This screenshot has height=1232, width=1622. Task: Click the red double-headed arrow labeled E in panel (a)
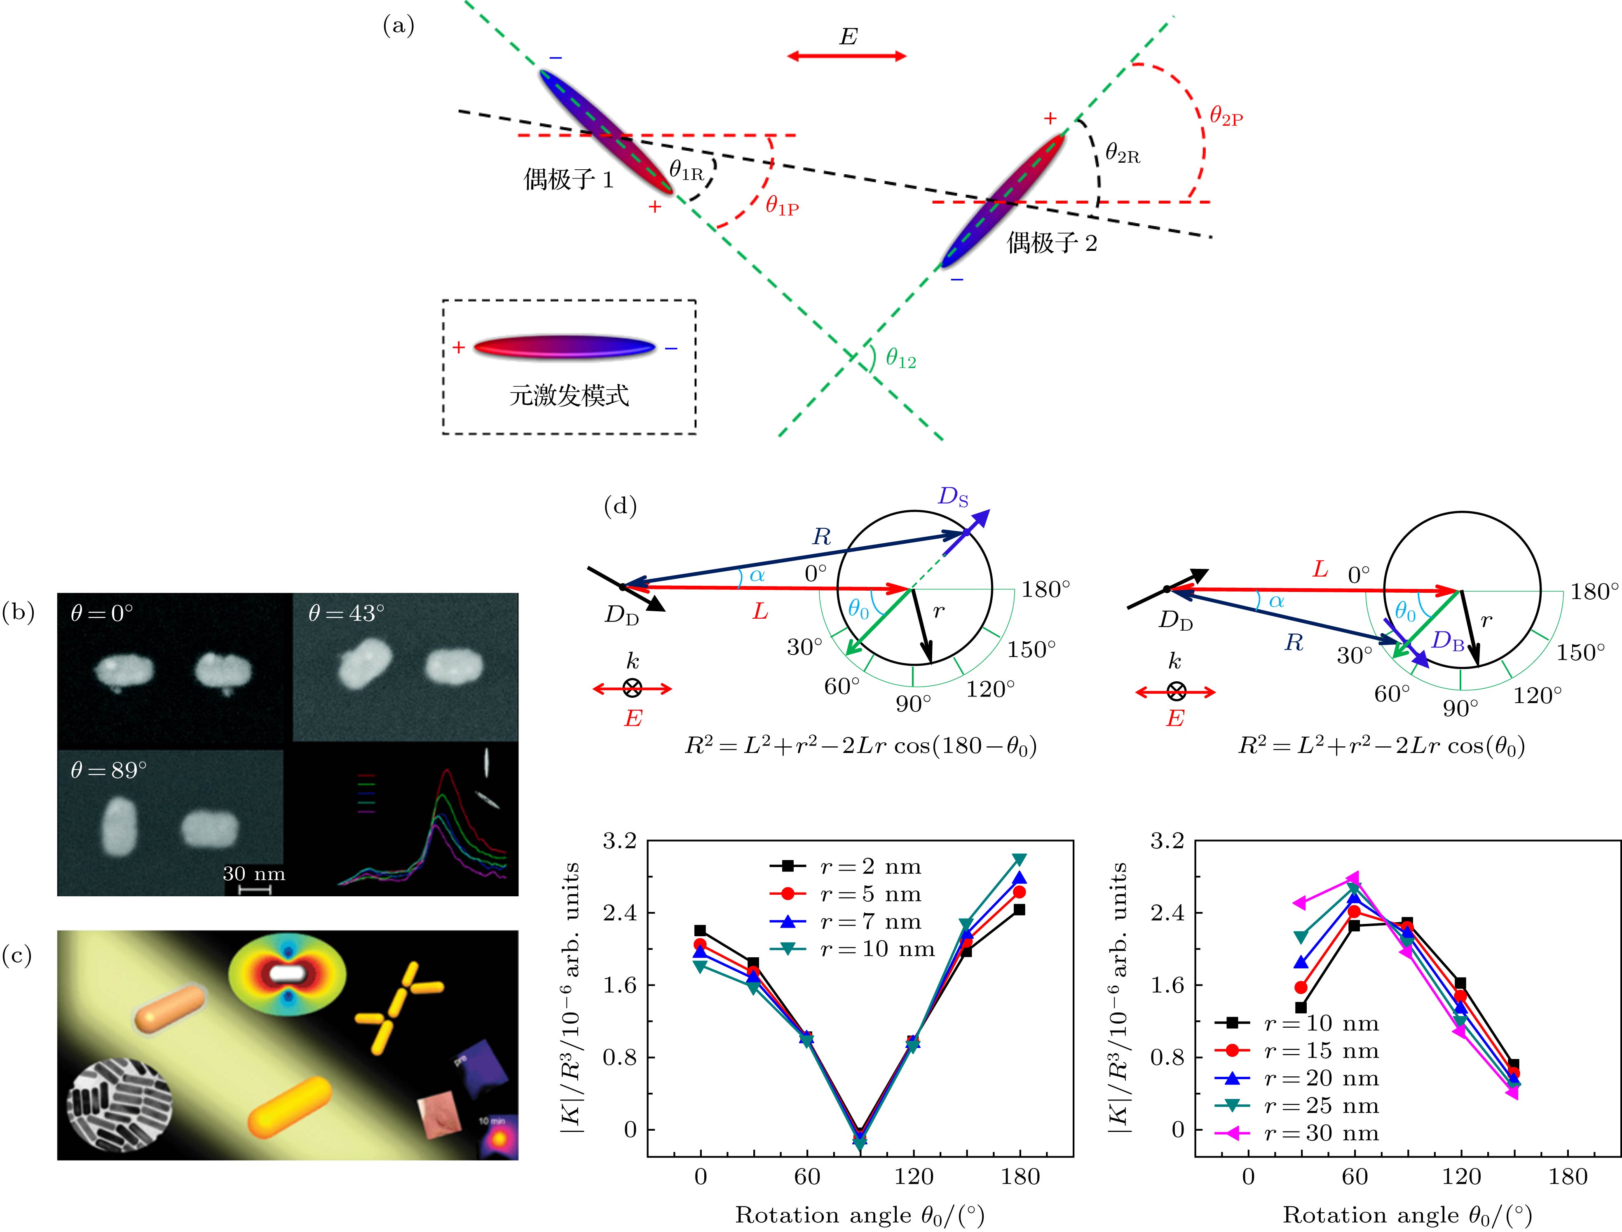[x=846, y=56]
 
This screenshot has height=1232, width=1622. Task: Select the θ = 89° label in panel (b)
[x=108, y=770]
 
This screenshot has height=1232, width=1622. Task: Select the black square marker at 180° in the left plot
[x=1019, y=909]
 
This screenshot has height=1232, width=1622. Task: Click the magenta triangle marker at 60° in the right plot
[x=1353, y=878]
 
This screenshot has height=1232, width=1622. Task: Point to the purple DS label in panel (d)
[x=952, y=497]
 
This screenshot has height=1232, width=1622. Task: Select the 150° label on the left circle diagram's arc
[x=1031, y=649]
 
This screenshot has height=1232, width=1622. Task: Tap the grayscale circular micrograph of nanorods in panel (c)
[x=119, y=1110]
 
